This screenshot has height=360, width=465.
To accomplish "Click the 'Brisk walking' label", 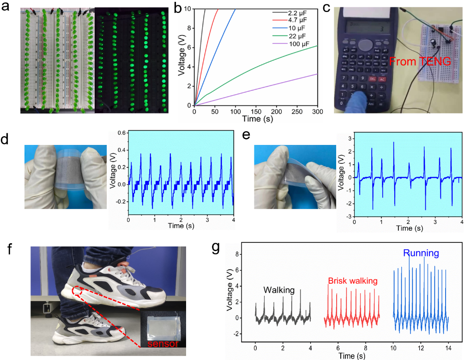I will point(353,281).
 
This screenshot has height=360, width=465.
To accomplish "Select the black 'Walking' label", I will point(279,290).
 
